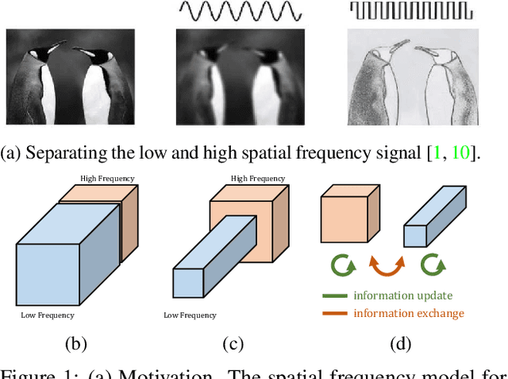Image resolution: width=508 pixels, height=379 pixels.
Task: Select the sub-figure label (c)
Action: (234, 343)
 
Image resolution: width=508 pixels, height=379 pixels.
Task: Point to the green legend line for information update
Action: (335, 296)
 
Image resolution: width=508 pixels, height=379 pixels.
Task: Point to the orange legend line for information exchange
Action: (335, 313)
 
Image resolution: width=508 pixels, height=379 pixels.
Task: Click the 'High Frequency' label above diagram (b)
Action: (107, 178)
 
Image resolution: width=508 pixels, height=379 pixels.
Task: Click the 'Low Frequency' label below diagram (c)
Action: (190, 315)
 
